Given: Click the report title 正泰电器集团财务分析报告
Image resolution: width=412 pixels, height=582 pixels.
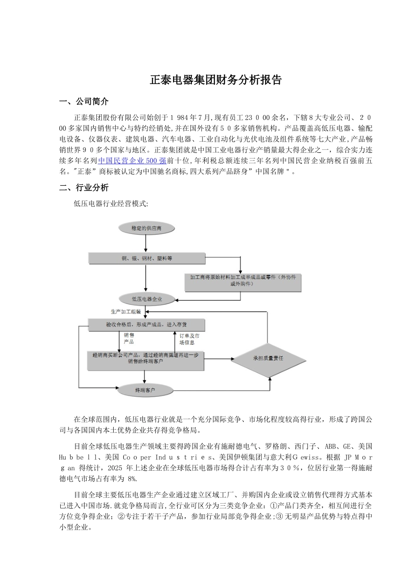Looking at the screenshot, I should point(216,80).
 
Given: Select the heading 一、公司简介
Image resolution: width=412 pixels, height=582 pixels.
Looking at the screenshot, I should point(84,102).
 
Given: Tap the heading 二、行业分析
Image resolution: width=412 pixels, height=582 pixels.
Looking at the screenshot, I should point(84,188).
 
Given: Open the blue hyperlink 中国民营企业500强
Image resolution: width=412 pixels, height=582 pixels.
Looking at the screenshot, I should point(132,161).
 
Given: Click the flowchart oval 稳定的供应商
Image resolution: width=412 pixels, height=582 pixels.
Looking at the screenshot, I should point(146,228).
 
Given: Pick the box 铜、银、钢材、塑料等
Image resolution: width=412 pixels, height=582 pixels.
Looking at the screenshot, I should point(147,259).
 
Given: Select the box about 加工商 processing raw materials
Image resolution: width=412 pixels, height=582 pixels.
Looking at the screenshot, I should point(242,281).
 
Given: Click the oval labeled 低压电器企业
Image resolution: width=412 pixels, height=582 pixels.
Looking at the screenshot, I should point(147,299).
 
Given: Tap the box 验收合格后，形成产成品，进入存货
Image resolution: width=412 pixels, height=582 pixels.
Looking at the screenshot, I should point(146,325).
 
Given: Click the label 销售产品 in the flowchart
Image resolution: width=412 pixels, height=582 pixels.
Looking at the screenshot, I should point(129,338).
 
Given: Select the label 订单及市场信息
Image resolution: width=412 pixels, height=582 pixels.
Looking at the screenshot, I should point(190,339).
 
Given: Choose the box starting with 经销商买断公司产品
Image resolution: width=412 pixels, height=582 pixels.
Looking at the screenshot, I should point(146,359).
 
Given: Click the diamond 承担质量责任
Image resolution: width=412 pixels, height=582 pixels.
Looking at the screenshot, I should point(268,359).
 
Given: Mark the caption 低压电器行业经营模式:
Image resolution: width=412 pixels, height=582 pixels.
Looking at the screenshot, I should point(111,204).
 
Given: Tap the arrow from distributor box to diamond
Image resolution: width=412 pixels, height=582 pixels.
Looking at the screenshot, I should point(219,359).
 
